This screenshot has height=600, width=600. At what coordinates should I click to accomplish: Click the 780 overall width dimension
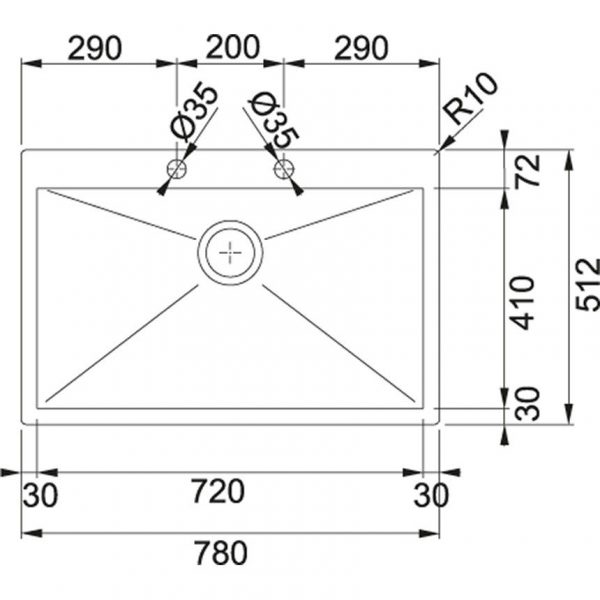pyautogui.click(x=221, y=552)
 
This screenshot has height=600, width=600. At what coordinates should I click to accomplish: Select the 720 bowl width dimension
pyautogui.click(x=218, y=491)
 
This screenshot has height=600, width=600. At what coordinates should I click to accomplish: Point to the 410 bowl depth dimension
pyautogui.click(x=523, y=302)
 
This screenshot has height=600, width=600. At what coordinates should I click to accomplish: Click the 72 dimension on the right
pyautogui.click(x=527, y=170)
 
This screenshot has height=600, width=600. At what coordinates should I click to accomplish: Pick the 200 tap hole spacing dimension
pyautogui.click(x=233, y=47)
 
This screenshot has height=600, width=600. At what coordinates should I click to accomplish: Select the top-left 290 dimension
pyautogui.click(x=95, y=48)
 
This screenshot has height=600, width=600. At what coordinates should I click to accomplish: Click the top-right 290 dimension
pyautogui.click(x=361, y=48)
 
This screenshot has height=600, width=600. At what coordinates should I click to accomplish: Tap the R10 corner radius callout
pyautogui.click(x=471, y=98)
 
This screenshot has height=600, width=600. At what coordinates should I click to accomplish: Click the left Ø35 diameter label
pyautogui.click(x=193, y=113)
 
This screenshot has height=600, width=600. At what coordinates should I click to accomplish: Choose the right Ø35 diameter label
pyautogui.click(x=273, y=120)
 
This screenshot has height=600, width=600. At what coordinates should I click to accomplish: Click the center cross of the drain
pyautogui.click(x=230, y=253)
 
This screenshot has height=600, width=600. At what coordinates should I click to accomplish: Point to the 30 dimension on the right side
pyautogui.click(x=527, y=403)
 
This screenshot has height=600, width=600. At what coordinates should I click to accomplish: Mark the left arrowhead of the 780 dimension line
pyautogui.click(x=22, y=533)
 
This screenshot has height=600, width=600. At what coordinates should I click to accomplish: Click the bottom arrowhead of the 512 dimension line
pyautogui.click(x=570, y=423)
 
